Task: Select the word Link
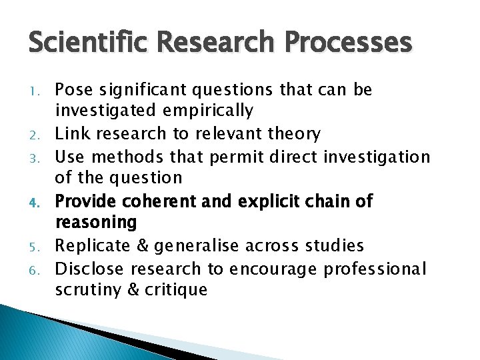[x=71, y=133]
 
